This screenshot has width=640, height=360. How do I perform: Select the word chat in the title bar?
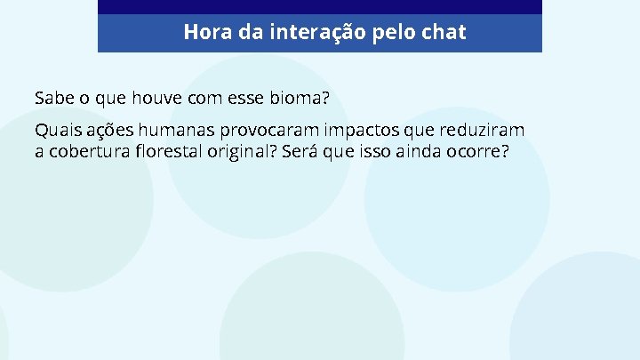[x=444, y=33]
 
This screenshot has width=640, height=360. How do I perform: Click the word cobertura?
[x=87, y=151]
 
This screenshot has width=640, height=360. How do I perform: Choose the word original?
[x=242, y=151]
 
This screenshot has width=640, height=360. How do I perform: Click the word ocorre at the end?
[x=478, y=151]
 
